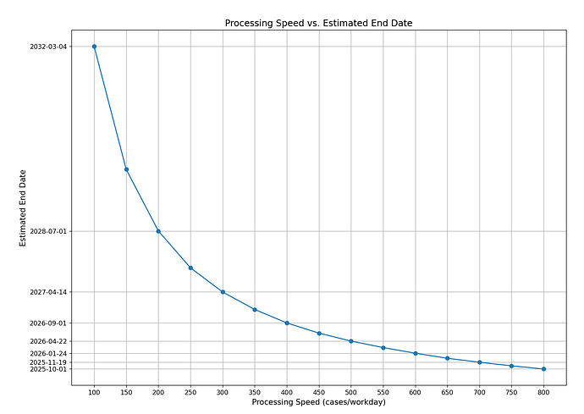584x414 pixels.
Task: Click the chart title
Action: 318,23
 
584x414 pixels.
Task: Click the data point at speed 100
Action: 94,47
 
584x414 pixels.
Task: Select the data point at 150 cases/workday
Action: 126,169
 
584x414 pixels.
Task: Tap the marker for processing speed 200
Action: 158,231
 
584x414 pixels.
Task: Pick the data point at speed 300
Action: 223,292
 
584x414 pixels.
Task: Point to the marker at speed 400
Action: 287,323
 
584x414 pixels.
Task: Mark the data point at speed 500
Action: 351,341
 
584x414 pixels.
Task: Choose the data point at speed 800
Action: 543,369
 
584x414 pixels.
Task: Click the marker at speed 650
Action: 447,358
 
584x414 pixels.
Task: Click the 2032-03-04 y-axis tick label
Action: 48,47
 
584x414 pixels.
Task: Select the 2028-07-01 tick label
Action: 48,231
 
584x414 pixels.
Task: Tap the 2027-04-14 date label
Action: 48,292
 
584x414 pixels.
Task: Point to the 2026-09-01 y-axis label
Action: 48,323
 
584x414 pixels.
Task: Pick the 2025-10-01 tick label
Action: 48,369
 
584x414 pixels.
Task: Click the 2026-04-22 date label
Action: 48,341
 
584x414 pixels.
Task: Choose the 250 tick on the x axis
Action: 190,392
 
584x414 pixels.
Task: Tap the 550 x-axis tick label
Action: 383,392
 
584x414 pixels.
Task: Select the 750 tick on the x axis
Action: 511,392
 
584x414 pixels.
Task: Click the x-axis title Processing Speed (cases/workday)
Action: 318,402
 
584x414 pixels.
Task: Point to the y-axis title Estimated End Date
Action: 23,207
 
